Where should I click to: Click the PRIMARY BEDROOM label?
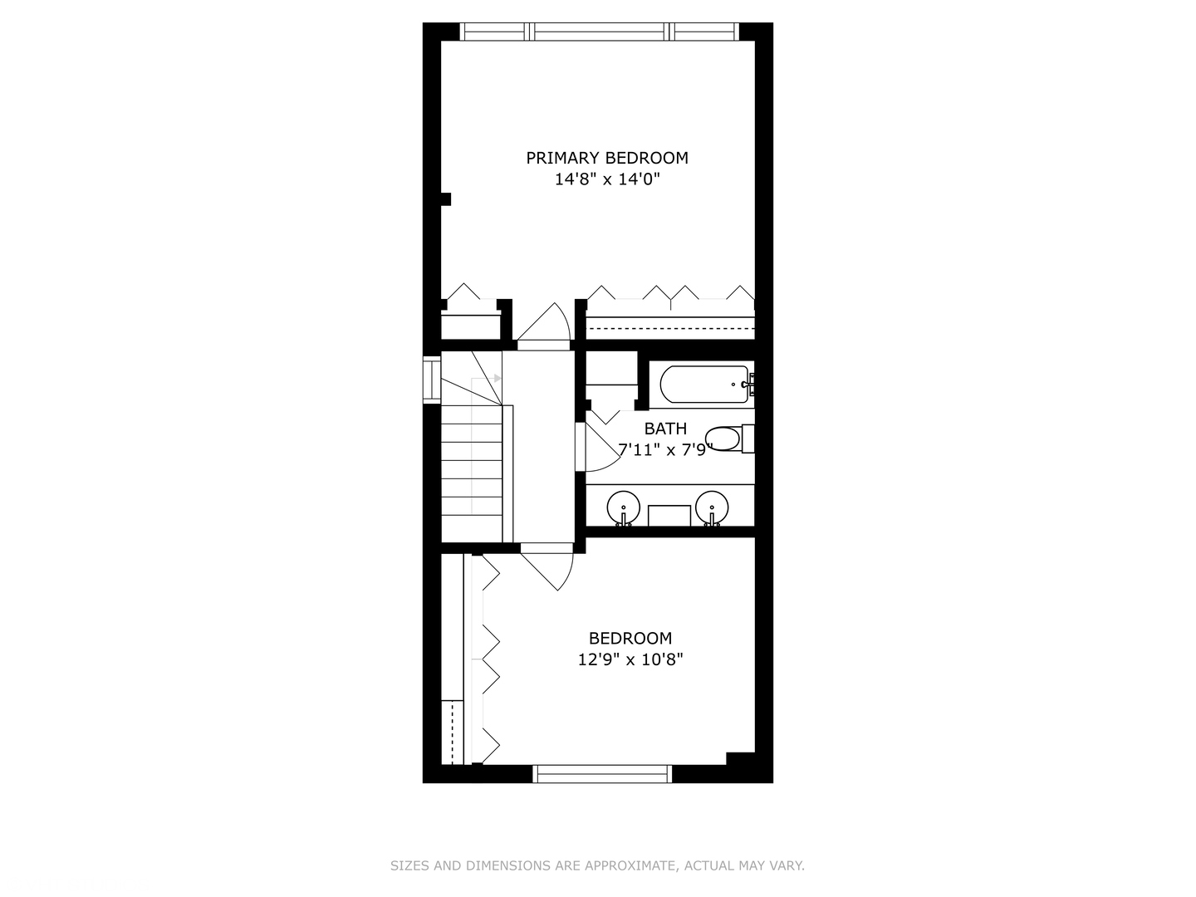click(607, 158)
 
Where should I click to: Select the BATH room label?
click(665, 429)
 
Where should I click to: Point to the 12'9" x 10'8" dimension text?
click(630, 660)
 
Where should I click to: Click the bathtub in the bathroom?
click(704, 385)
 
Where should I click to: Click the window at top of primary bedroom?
click(599, 32)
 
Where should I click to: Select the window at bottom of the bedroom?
click(601, 774)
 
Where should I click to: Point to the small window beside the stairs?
click(431, 380)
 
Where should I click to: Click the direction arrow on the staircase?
click(497, 379)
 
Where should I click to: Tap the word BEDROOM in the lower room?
click(630, 639)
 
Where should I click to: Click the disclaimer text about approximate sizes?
click(597, 865)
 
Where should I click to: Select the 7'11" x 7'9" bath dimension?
click(665, 450)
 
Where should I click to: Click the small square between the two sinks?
click(669, 515)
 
